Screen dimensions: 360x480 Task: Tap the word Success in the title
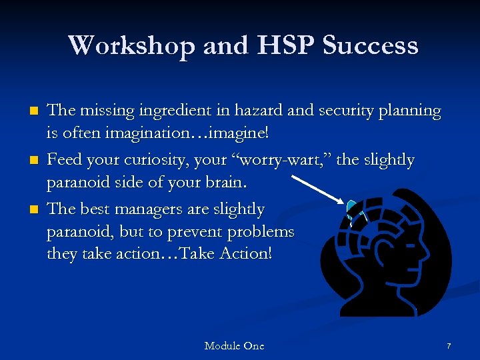point(370,45)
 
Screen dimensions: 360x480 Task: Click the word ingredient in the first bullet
point(175,110)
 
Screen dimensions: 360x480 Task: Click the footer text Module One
point(234,345)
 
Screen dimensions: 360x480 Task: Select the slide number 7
point(449,346)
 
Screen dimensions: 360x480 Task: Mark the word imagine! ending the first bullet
point(241,133)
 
